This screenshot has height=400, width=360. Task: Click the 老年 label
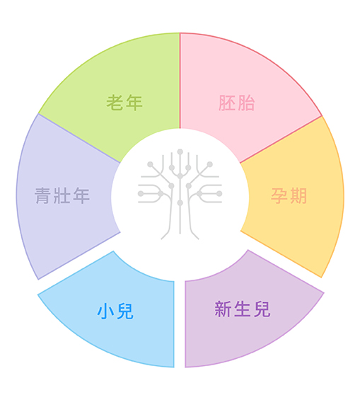124,103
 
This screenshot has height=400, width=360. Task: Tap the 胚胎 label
237,103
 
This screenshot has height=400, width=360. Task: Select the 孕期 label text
289,196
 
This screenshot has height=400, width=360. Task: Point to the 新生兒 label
243,309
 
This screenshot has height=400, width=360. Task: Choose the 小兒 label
115,311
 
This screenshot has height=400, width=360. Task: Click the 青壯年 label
62,195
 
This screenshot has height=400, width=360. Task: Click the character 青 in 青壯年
43,195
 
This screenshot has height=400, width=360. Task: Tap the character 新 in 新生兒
223,309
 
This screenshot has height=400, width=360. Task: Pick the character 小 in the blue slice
105,311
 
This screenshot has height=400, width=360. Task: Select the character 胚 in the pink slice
227,103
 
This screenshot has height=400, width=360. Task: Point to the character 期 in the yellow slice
298,196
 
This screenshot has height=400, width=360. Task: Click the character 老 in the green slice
115,103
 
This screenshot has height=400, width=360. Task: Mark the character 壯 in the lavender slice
62,195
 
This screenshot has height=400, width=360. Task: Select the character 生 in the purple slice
243,309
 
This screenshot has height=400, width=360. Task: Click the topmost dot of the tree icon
180,152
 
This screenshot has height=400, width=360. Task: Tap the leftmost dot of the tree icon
141,193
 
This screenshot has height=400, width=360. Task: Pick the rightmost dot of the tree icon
219,193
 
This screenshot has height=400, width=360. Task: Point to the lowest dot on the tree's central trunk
180,202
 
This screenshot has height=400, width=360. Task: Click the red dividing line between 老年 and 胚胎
180,81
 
